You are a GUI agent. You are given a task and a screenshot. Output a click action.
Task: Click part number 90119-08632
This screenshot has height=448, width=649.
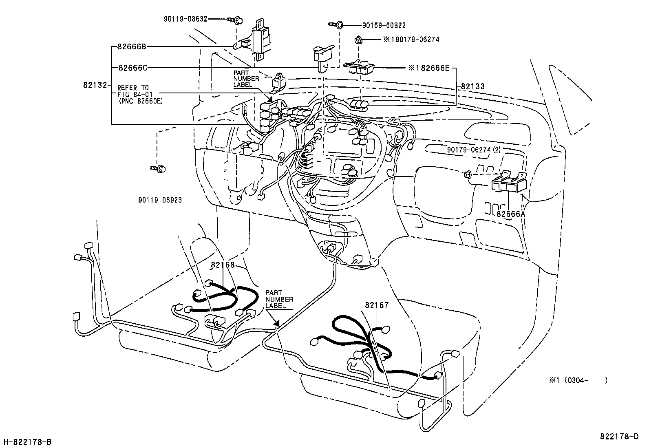(x=186, y=19)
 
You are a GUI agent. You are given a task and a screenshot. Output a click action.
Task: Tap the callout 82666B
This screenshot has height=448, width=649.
(x=131, y=46)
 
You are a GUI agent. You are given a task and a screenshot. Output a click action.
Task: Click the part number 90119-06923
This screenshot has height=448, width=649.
(x=160, y=200)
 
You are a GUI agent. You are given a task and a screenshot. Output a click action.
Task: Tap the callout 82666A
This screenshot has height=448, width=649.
(x=511, y=213)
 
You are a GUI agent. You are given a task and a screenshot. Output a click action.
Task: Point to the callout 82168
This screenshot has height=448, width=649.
(x=223, y=265)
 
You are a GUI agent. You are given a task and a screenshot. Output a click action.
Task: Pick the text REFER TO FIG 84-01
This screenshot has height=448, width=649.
(x=133, y=90)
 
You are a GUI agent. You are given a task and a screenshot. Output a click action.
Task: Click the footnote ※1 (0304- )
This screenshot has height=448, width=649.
(x=578, y=380)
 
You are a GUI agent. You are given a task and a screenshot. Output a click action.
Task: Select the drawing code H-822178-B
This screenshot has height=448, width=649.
(x=27, y=442)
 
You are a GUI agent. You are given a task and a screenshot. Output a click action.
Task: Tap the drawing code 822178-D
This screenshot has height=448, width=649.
(x=619, y=437)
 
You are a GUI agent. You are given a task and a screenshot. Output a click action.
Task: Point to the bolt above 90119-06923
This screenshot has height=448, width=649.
(x=158, y=168)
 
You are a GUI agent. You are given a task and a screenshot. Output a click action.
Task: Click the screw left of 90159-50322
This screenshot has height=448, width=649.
(x=336, y=25)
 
